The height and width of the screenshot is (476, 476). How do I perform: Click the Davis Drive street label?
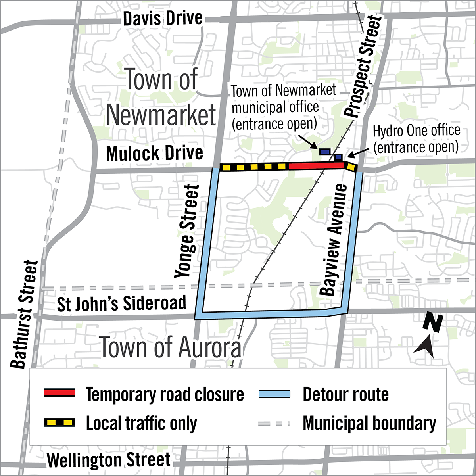tap(163, 19)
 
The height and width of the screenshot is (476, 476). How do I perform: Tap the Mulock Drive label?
tap(155, 154)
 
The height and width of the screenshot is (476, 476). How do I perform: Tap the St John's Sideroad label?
tap(121, 304)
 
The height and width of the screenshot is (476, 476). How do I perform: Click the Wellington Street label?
tap(109, 460)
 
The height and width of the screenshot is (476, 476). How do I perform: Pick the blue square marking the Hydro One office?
tap(338, 157)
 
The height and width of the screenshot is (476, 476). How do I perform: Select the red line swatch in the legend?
tap(59, 393)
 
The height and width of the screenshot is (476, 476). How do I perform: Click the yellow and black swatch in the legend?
tap(59, 423)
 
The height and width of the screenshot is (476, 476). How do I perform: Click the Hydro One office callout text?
tap(416, 138)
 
